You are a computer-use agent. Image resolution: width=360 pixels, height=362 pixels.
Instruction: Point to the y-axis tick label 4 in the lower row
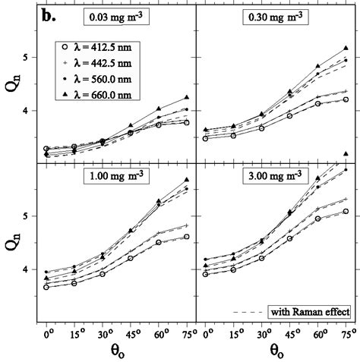point(28,270)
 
